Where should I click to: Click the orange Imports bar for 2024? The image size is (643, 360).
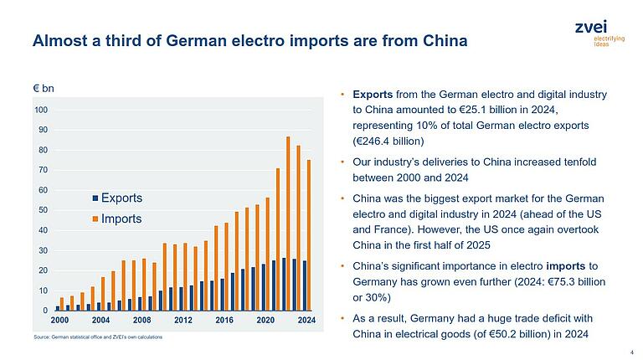coord(308,235)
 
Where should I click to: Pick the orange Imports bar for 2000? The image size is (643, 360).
coord(62,304)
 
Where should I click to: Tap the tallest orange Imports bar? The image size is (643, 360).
coord(288,224)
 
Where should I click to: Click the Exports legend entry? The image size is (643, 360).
coord(116,198)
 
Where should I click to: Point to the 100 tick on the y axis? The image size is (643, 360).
coord(41,110)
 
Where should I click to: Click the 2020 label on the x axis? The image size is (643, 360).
coord(265,320)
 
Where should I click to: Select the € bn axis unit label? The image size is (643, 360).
coord(44,87)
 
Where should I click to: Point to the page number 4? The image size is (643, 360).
coord(630,352)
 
